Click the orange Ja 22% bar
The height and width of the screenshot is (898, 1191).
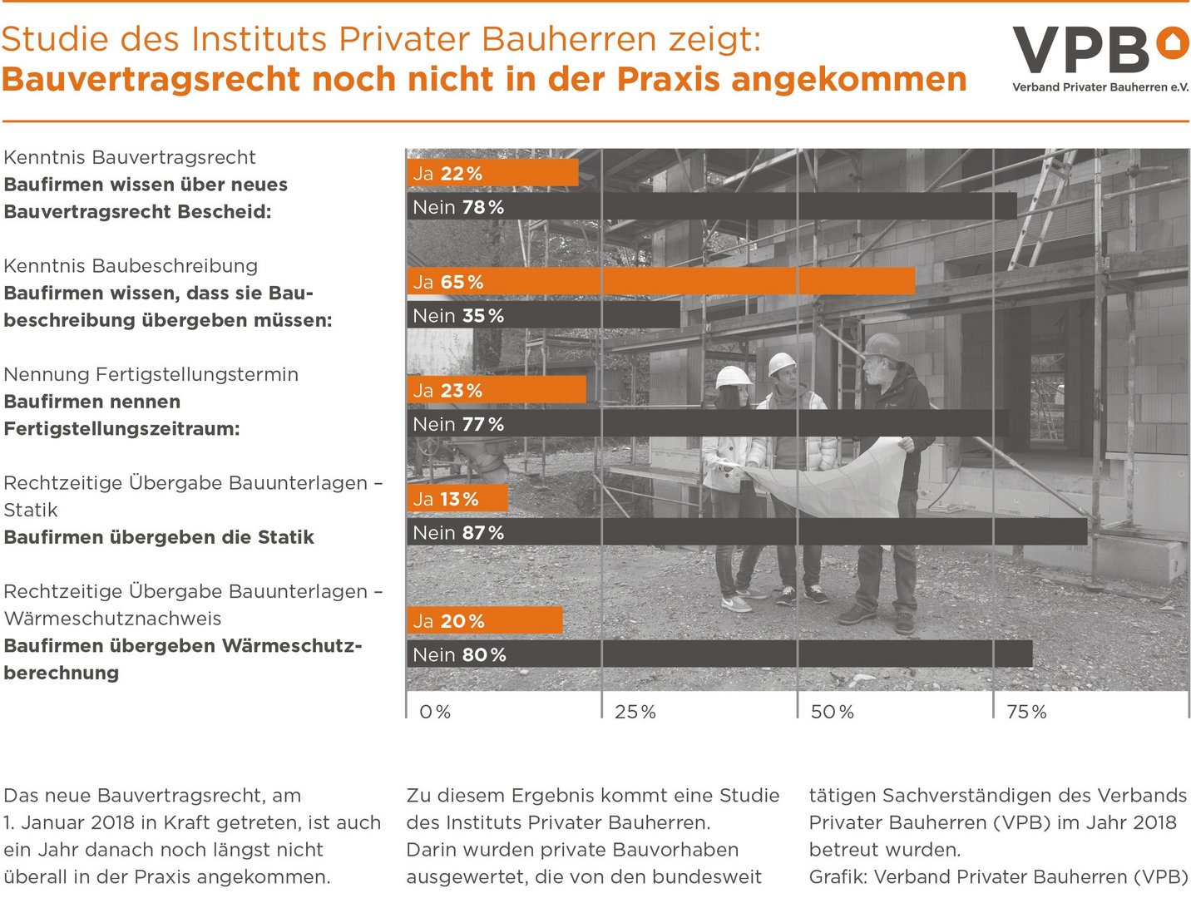tap(492, 173)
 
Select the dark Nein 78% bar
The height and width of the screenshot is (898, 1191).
tap(711, 207)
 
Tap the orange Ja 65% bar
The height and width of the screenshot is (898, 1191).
tap(661, 282)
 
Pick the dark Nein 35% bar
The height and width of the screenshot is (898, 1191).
tap(543, 315)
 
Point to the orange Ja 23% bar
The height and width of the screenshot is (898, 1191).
tap(497, 390)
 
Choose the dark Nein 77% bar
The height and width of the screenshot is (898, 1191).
tap(708, 424)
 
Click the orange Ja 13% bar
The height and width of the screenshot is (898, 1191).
tap(457, 499)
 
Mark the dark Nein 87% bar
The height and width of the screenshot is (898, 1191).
tap(747, 532)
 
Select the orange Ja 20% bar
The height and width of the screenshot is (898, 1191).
tap(485, 620)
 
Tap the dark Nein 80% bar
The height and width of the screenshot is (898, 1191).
tap(719, 654)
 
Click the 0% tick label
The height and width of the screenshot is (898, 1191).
tap(435, 712)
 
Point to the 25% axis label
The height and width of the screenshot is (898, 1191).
tap(635, 712)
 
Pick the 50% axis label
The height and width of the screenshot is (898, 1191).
tap(833, 712)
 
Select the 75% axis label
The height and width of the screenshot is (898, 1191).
tap(1027, 712)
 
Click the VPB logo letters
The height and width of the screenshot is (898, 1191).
tap(1081, 50)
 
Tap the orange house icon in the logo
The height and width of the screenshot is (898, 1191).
tap(1174, 42)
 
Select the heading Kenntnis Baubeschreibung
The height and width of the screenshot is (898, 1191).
tap(131, 266)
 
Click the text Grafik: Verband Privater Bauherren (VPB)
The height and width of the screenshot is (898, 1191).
tap(998, 876)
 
